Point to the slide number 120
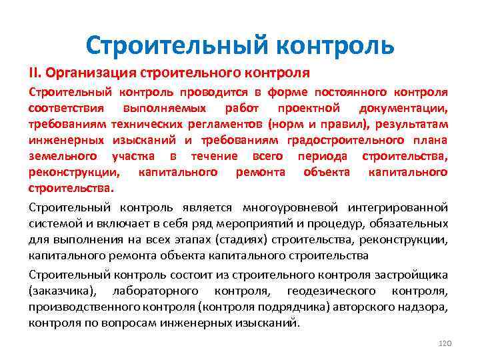445,343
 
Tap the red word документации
403,108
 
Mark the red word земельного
57,156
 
